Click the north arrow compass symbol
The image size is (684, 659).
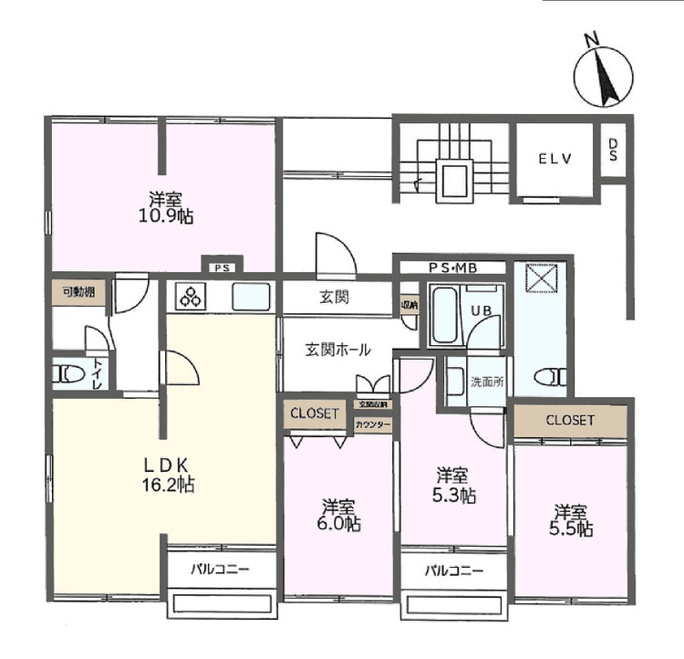[x=602, y=68]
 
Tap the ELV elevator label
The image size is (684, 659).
[x=554, y=158]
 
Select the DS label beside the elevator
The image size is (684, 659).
[x=613, y=150]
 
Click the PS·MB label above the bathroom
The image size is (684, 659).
[x=454, y=267]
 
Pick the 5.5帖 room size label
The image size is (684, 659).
[x=571, y=528]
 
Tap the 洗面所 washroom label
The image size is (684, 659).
[x=486, y=382]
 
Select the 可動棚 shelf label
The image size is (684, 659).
[x=78, y=293]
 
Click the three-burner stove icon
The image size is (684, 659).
[x=193, y=298]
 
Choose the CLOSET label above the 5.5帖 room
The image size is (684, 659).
[x=570, y=421]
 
